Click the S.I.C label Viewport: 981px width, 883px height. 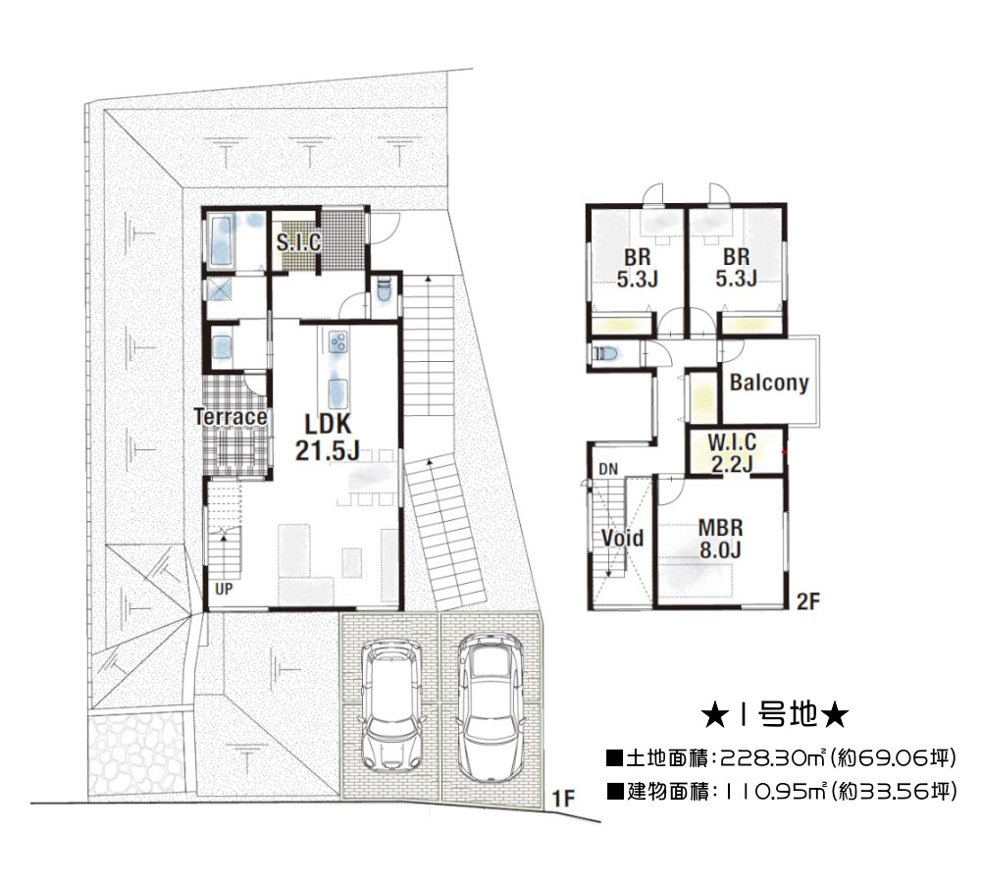pyautogui.click(x=298, y=242)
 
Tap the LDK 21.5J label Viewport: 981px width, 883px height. pyautogui.click(x=328, y=437)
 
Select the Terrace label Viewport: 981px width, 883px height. pyautogui.click(x=231, y=416)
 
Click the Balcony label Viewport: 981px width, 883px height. pyautogui.click(x=769, y=382)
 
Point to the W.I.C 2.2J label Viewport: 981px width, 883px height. pyautogui.click(x=732, y=453)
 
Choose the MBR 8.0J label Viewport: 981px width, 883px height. pyautogui.click(x=721, y=539)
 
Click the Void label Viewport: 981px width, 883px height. pyautogui.click(x=623, y=538)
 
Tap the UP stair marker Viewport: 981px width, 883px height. pyautogui.click(x=224, y=589)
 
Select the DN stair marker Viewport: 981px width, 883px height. pyautogui.click(x=608, y=469)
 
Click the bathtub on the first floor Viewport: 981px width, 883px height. pyautogui.click(x=222, y=239)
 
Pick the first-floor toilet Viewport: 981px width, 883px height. pyautogui.click(x=385, y=290)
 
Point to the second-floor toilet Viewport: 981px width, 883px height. pyautogui.click(x=605, y=353)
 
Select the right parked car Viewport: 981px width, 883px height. pyautogui.click(x=490, y=707)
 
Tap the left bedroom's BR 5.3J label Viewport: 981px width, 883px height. pyautogui.click(x=637, y=268)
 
